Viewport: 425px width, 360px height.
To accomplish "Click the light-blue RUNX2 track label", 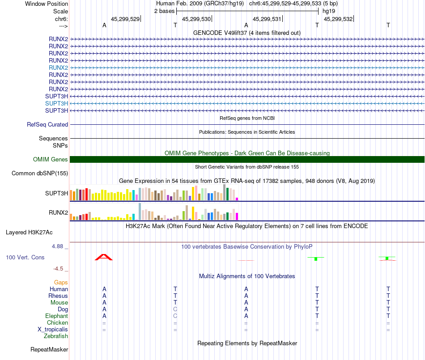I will click(58, 68).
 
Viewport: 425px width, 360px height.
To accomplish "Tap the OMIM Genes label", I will click(50, 160).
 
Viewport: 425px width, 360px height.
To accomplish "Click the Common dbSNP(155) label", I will click(39, 174).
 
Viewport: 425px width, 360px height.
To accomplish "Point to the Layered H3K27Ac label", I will click(29, 233).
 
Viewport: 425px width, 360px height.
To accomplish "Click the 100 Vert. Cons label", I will click(25, 258).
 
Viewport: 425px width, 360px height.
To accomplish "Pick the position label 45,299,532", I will click(338, 19).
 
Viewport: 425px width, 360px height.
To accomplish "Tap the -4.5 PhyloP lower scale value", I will click(60, 269).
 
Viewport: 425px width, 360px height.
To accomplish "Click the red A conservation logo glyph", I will click(104, 257).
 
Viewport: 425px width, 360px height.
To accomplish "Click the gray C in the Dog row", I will click(175, 309).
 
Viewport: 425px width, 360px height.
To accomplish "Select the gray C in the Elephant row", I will click(175, 316).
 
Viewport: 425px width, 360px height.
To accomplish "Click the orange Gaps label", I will click(61, 282).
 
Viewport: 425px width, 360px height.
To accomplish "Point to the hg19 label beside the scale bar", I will click(328, 11).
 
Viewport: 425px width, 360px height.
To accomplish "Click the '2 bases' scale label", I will click(164, 11).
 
